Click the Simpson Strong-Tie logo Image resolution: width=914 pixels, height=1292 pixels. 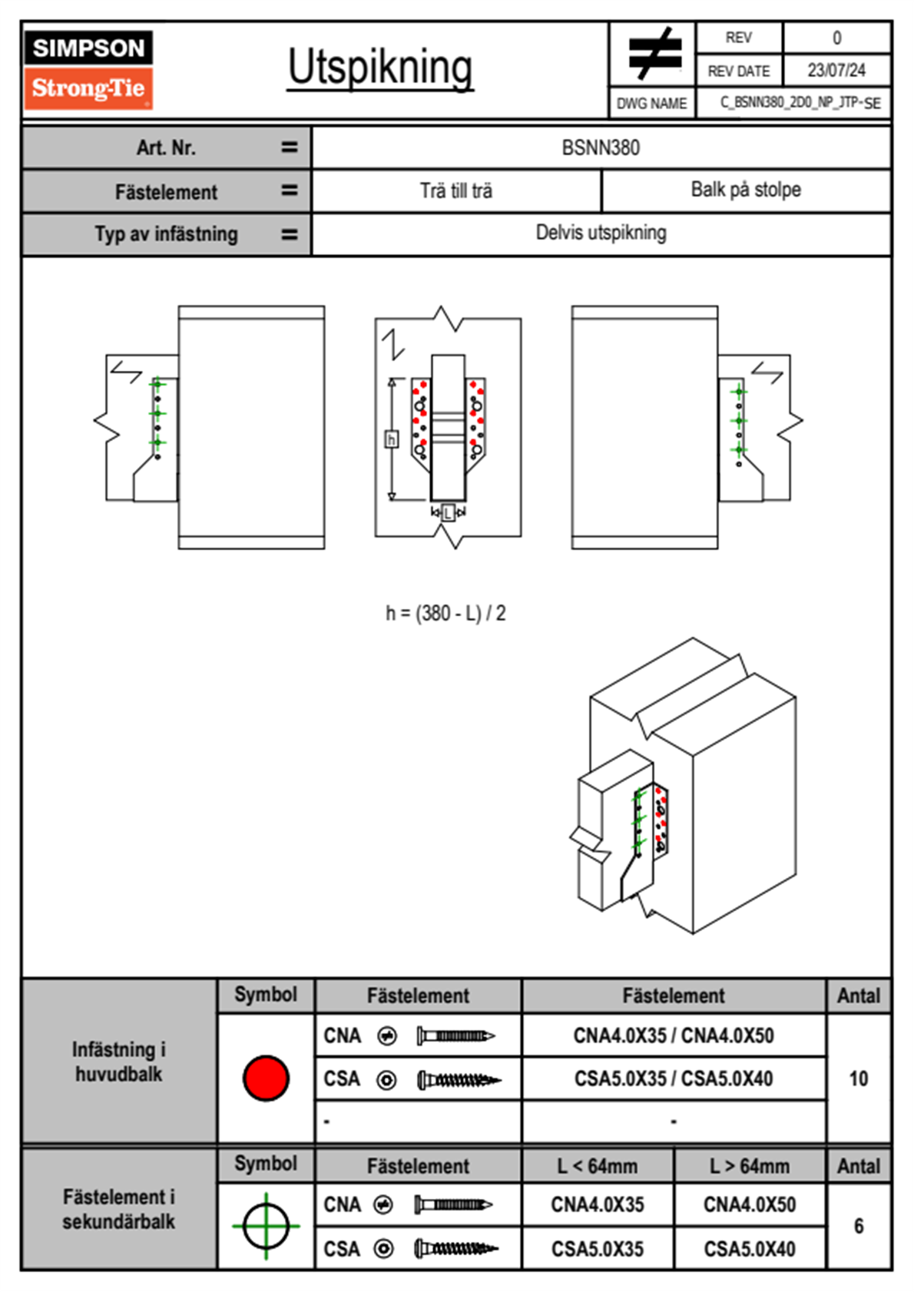(88, 70)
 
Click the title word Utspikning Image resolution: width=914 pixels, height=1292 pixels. (380, 68)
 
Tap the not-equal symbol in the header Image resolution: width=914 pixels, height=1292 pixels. (654, 54)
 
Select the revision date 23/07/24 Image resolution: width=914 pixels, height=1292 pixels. (836, 71)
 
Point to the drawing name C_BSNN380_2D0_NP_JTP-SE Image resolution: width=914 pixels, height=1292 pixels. (800, 103)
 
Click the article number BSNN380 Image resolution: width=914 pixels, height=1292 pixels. (601, 147)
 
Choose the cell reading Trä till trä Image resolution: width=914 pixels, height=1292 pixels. (456, 190)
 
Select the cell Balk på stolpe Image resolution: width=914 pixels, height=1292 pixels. (746, 190)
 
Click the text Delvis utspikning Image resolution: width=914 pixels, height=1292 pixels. (601, 233)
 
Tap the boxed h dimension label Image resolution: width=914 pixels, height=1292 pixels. (392, 439)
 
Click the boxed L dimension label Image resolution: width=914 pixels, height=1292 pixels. (449, 513)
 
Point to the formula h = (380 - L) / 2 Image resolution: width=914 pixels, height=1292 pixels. (445, 613)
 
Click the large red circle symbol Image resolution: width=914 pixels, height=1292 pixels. (266, 1078)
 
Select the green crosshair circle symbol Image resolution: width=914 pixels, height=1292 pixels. (266, 1226)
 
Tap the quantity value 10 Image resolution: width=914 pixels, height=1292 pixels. (858, 1078)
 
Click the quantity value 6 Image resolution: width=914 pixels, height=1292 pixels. (858, 1226)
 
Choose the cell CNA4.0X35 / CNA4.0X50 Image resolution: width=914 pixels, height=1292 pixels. (674, 1035)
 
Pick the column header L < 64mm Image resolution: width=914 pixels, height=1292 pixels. (598, 1166)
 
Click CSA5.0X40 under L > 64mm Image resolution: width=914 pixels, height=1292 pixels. (750, 1249)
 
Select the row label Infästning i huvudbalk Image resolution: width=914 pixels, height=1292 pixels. (119, 1062)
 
